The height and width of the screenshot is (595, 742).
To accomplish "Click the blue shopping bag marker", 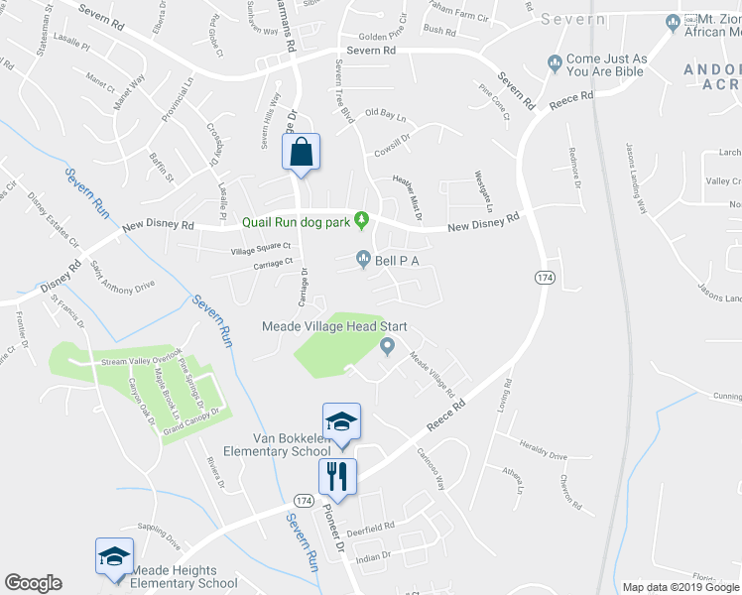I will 302,154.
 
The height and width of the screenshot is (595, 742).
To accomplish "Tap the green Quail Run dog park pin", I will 363,218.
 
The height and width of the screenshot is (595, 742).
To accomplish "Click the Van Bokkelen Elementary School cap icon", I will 341,422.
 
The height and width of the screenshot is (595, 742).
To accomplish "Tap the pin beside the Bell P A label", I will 364,260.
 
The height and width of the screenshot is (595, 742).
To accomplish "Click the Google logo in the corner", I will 33,582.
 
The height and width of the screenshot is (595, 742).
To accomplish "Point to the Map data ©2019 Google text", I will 680,587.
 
